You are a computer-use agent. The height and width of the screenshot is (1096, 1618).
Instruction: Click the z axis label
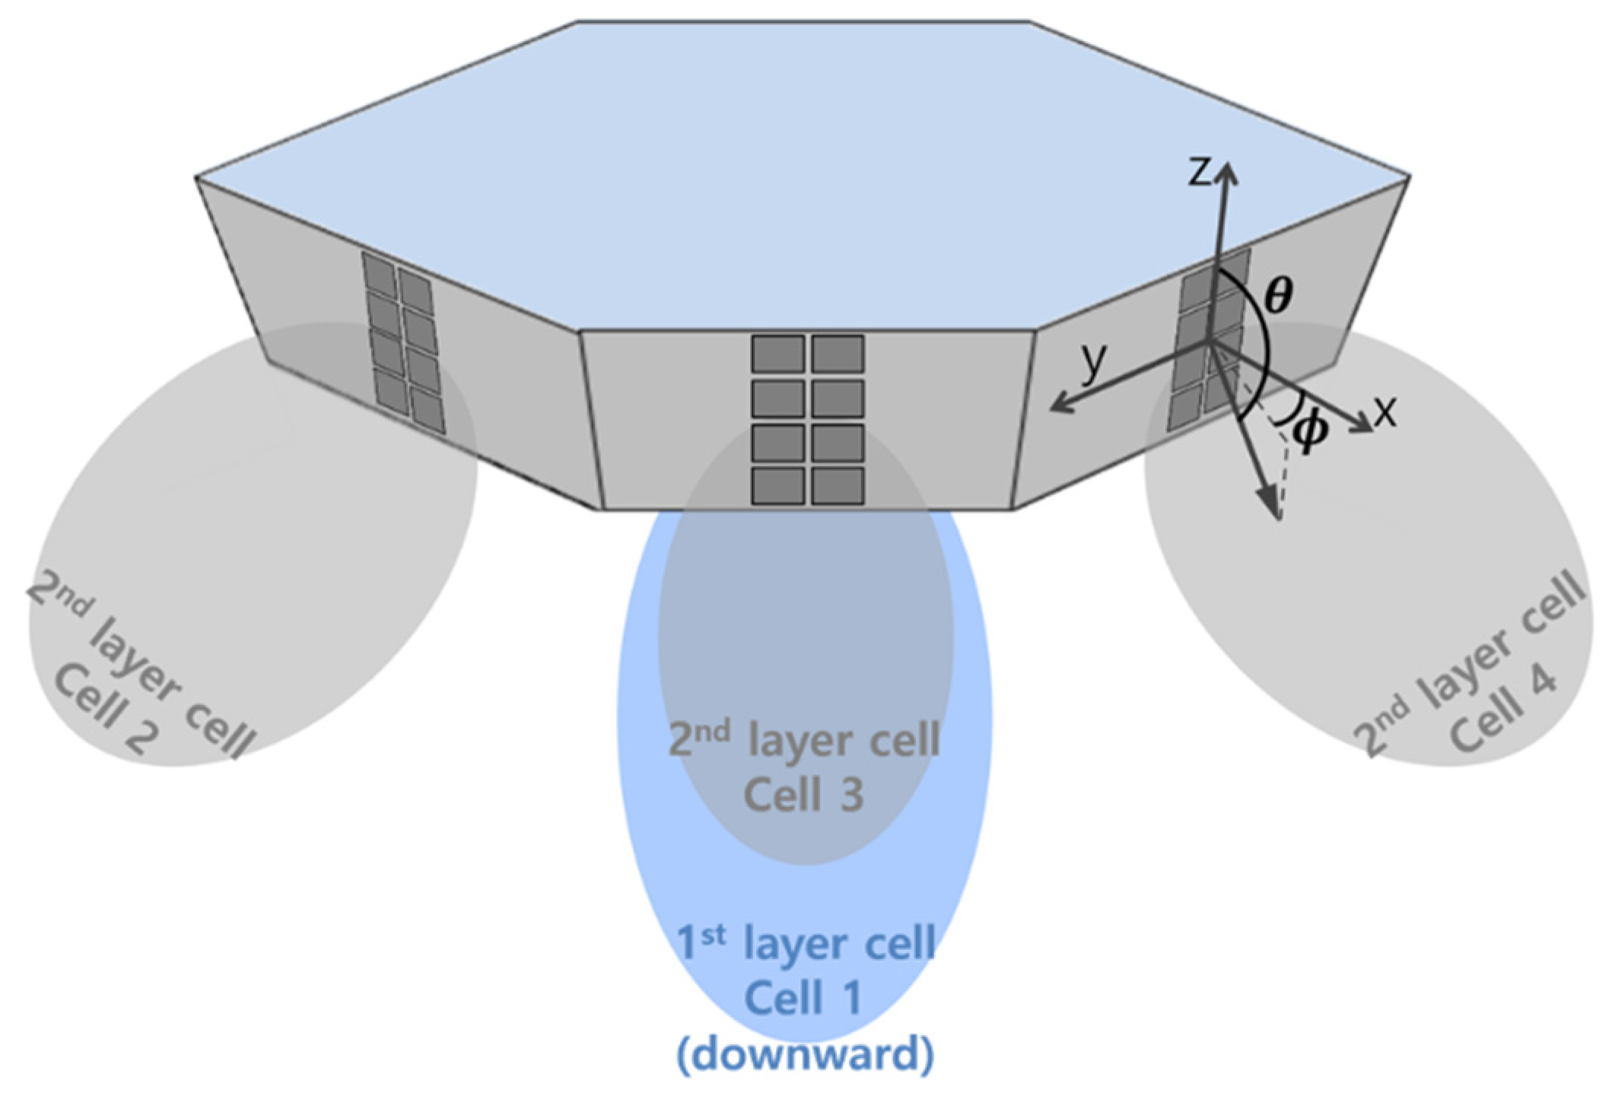pos(1200,173)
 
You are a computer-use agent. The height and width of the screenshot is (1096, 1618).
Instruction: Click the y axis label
pos(1094,363)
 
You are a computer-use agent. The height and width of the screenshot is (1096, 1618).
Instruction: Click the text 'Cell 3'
pos(803,795)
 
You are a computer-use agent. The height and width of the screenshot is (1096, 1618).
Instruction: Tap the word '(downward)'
pos(804,1054)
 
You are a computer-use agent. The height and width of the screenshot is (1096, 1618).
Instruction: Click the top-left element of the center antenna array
pos(778,354)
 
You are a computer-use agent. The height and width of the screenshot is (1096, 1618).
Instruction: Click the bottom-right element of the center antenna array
pos(838,486)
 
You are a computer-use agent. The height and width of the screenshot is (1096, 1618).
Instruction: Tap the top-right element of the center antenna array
pos(838,354)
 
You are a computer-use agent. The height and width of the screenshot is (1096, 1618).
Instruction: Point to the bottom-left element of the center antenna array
pos(778,486)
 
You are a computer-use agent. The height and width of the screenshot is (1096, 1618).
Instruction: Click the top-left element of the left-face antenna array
pos(378,272)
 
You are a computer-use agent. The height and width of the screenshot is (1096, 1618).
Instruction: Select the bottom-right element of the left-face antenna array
pos(427,410)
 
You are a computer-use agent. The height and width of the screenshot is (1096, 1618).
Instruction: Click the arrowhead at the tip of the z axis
pos(1225,172)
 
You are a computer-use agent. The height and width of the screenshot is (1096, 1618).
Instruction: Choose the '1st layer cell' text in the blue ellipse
pos(805,943)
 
